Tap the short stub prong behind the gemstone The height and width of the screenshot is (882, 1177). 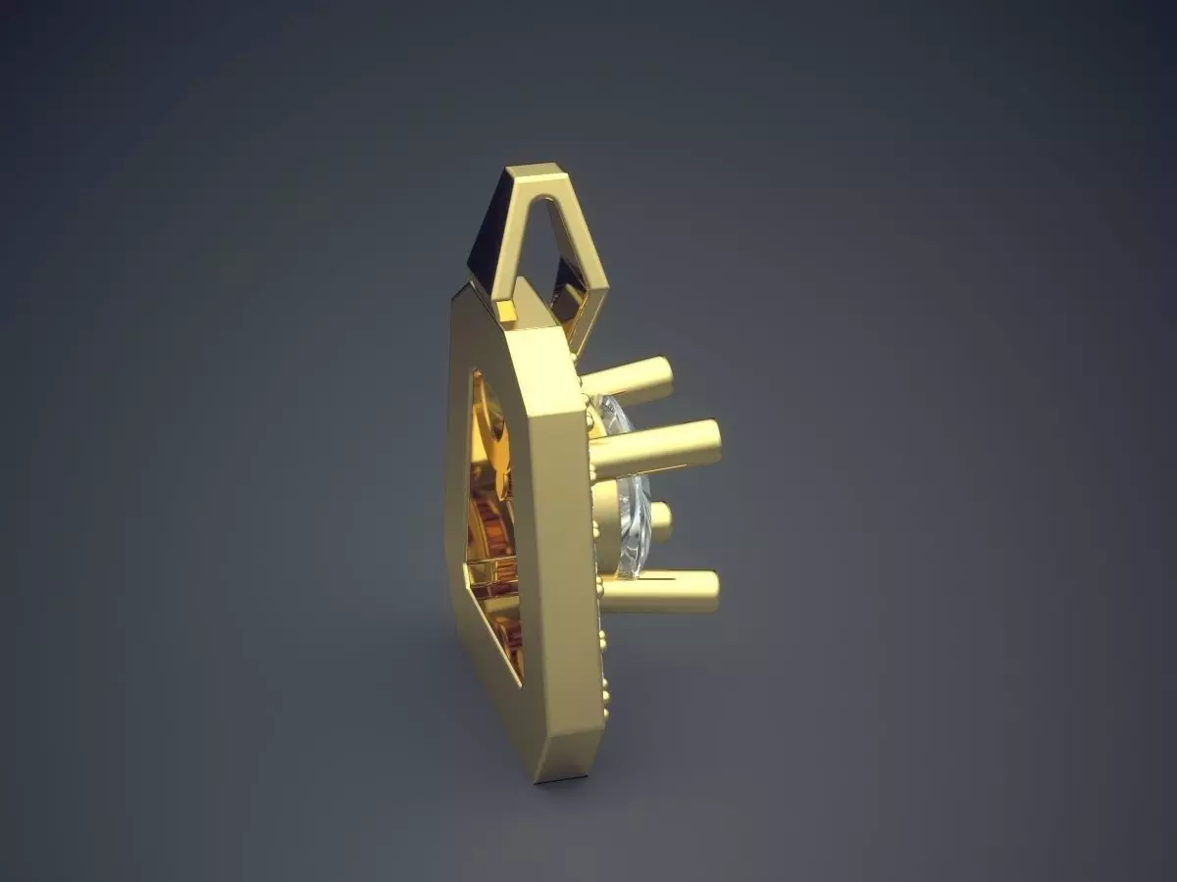coord(660,521)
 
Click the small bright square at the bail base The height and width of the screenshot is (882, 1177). coord(506,312)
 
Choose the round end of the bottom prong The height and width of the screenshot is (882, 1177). coord(709,591)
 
